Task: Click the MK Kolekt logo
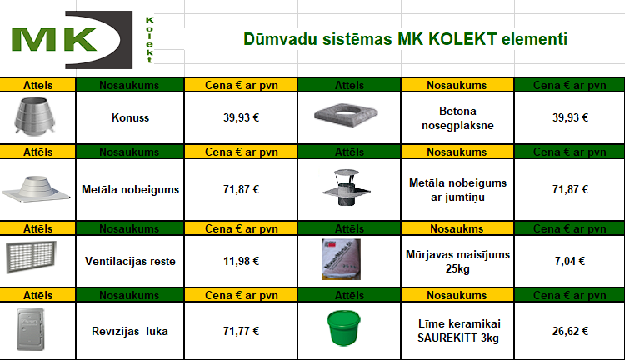click(82, 40)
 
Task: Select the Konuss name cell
click(130, 117)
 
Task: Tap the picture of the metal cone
click(34, 116)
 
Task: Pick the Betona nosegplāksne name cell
click(457, 117)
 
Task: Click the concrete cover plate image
click(346, 115)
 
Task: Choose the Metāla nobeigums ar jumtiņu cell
click(457, 189)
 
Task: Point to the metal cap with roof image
click(346, 187)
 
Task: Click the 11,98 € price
click(241, 261)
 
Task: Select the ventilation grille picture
click(31, 257)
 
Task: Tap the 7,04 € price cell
click(570, 261)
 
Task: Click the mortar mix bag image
click(341, 259)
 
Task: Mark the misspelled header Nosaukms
click(457, 228)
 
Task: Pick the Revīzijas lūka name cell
click(130, 331)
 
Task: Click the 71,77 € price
click(241, 331)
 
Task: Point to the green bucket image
click(343, 327)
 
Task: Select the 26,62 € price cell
click(570, 331)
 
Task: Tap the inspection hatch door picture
click(30, 329)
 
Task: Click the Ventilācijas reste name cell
click(130, 261)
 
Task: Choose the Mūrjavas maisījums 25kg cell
click(457, 261)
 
